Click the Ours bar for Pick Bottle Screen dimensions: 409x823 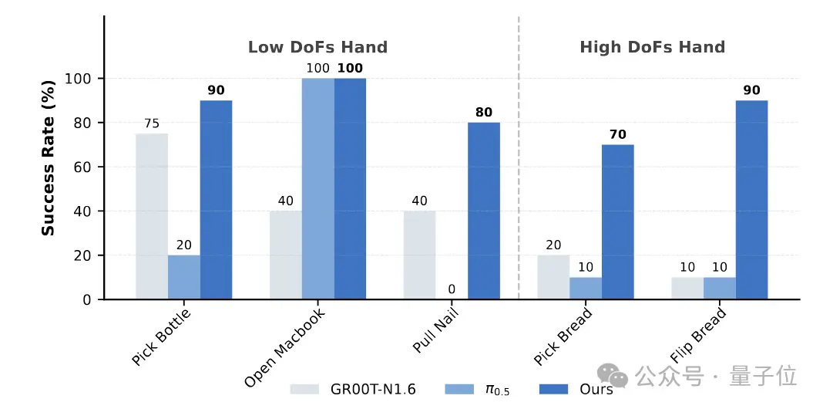click(216, 200)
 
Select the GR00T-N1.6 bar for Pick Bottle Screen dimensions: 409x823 click(152, 216)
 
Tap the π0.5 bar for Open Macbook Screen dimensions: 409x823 click(317, 189)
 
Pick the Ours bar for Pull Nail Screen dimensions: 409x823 click(483, 211)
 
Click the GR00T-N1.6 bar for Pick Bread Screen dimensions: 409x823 click(553, 277)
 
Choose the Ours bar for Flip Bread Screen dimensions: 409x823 click(751, 200)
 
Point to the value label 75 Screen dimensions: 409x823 click(152, 123)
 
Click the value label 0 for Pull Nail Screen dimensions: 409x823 click(452, 289)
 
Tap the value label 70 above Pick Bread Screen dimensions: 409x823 click(617, 134)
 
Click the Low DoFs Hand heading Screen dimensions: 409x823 click(317, 48)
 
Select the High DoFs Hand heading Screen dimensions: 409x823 click(652, 48)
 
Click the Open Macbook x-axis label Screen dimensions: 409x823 click(285, 347)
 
